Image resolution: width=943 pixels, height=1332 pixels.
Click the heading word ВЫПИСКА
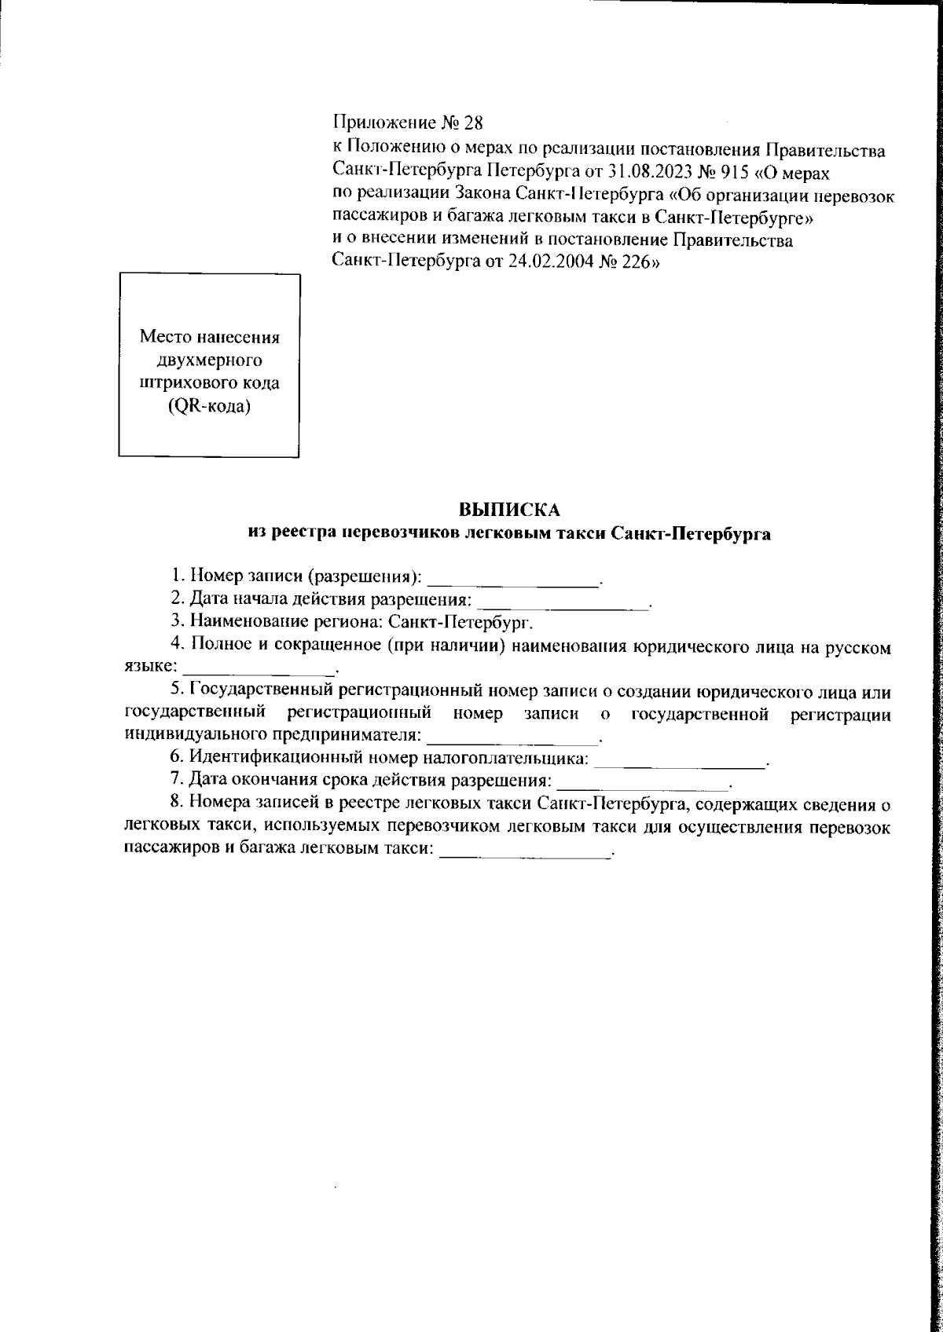(509, 510)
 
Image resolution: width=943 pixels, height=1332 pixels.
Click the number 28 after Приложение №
(475, 123)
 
